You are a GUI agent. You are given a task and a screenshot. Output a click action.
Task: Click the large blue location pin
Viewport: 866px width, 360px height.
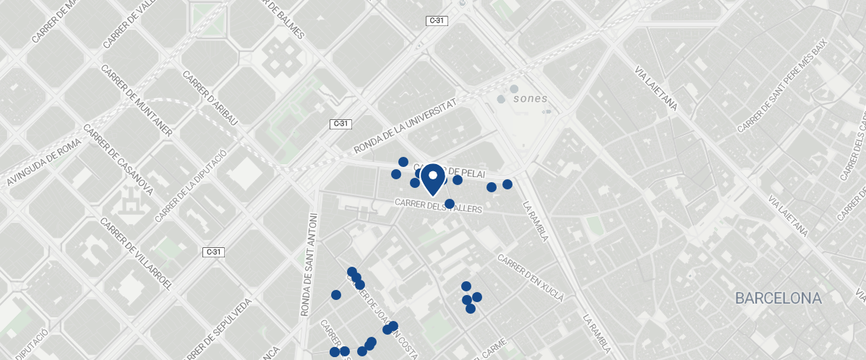[432, 179]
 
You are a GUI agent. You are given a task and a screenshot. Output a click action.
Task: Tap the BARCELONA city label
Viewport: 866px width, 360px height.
[779, 298]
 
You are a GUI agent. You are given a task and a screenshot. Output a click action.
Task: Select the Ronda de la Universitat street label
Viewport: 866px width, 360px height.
[406, 127]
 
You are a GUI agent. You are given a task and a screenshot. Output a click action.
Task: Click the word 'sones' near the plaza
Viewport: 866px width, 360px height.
[531, 98]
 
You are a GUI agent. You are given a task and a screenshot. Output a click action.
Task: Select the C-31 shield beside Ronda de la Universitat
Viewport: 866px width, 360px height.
[341, 124]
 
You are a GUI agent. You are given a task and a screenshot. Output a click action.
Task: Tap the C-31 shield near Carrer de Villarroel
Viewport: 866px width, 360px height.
[213, 252]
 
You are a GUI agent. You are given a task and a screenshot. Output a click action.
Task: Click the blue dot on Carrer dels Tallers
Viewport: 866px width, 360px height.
[450, 204]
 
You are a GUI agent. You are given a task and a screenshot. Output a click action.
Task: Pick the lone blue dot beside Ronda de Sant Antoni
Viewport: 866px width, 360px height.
[336, 294]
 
